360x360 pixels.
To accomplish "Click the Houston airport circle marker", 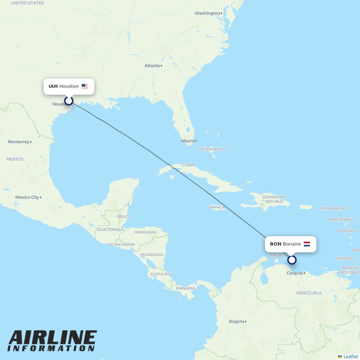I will (69, 101).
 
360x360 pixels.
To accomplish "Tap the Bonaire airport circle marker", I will (292, 260).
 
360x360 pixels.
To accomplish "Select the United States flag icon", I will (85, 86).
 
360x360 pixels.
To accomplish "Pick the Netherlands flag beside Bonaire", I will (307, 244).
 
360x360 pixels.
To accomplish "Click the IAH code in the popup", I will (53, 86).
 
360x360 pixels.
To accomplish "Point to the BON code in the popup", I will (275, 244).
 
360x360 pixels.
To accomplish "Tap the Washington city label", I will (207, 13).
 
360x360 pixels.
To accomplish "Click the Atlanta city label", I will (152, 66).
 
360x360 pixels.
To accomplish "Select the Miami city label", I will (188, 141).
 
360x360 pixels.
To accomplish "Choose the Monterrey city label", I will (19, 142).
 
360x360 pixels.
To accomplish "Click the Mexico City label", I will (27, 197).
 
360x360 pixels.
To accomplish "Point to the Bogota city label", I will (237, 321).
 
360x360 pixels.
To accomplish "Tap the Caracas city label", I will (294, 273).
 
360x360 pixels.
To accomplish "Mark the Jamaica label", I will (216, 207).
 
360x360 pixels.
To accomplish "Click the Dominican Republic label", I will (274, 199).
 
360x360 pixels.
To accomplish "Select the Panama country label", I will (186, 288).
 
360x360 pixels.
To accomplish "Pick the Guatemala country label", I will (110, 229).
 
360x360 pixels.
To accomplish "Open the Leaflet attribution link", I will (350, 356).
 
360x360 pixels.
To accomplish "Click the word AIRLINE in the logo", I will (53, 338).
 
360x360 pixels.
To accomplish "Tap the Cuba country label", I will (188, 165).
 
